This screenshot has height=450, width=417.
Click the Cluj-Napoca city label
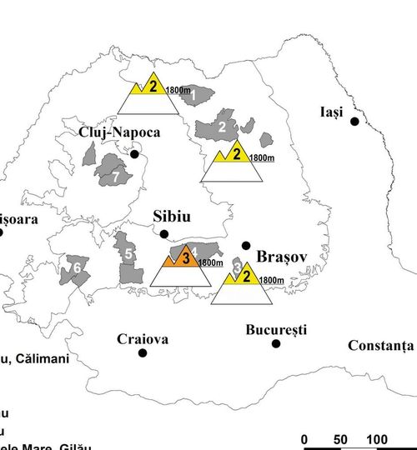[x=119, y=132]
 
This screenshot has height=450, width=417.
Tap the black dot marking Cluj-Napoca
[x=134, y=154]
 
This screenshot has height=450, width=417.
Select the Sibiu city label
[x=173, y=216]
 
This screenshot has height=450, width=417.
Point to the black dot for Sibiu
[x=164, y=234]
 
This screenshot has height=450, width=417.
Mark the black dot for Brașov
[x=245, y=245]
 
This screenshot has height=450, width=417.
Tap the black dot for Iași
[x=354, y=122]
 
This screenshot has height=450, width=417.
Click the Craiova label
[x=143, y=339]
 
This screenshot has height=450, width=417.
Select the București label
[x=276, y=330]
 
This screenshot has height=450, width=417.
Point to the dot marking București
[x=276, y=343]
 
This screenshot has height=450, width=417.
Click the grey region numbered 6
[x=77, y=268]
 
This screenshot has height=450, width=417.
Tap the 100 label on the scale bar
[x=376, y=440]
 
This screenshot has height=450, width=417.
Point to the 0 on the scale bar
[x=305, y=440]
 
